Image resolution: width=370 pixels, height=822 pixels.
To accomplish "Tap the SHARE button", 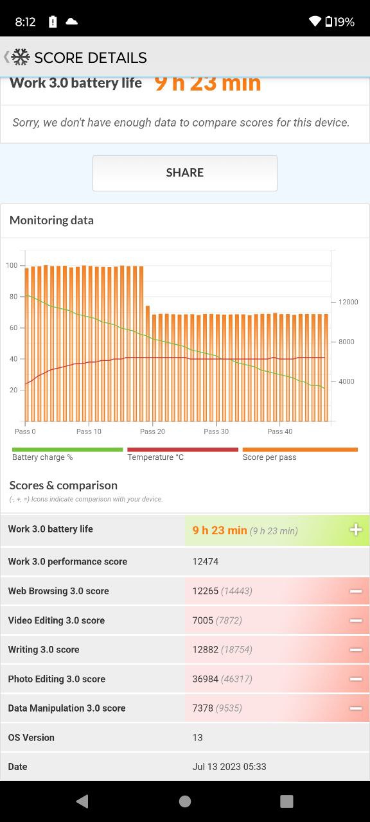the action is point(184,173).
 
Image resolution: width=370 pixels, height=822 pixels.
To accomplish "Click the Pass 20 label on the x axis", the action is point(152,432).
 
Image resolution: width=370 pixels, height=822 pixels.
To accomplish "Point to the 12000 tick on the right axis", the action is point(348,302).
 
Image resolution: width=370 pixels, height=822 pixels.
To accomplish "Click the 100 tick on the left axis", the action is point(12,265).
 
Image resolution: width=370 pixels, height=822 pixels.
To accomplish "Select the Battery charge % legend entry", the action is point(42,457).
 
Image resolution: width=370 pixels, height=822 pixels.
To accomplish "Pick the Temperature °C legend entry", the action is point(155,457).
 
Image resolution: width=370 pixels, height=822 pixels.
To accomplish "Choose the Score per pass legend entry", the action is point(269,457).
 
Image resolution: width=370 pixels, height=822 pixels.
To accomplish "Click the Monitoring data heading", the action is point(51,220).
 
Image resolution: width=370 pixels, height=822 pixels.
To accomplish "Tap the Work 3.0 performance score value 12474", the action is point(205,561).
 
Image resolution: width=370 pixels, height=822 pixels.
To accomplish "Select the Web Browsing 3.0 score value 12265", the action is point(205,591).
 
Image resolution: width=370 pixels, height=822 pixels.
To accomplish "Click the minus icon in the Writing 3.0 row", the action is point(356,649).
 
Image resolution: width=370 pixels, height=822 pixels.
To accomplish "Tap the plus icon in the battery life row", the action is point(356,530).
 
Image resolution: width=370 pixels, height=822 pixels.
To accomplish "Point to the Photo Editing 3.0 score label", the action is point(57,679).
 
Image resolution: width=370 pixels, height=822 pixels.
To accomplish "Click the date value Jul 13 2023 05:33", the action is point(229,766).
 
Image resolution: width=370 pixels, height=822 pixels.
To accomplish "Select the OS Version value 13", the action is point(197,737).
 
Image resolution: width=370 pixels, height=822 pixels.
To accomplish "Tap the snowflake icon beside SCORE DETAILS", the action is point(21,57).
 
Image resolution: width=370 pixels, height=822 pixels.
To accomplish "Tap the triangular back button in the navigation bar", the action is point(82,801).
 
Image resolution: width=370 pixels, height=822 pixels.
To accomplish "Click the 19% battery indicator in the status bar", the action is point(340,22).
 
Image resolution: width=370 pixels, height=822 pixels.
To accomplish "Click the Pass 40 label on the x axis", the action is point(279,432).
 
